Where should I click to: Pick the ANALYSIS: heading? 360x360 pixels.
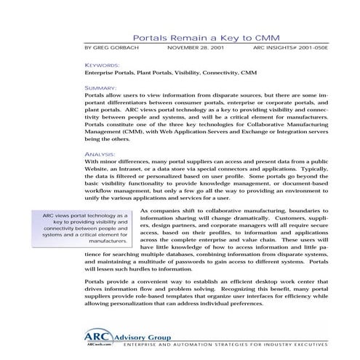[x=100, y=154]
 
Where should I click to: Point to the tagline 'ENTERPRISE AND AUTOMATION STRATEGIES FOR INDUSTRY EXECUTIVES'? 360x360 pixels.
[x=222, y=347]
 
